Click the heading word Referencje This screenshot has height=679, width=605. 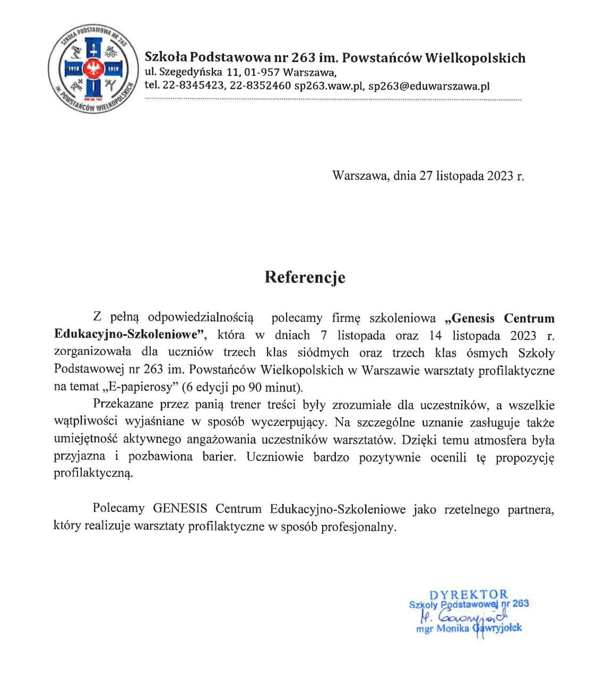click(305, 277)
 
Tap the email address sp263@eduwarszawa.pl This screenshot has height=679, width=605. click(429, 86)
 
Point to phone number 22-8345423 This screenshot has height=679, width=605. click(193, 86)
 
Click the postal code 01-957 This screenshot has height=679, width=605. click(262, 72)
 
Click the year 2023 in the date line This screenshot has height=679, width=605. click(500, 176)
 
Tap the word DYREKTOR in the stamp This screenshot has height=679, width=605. click(469, 595)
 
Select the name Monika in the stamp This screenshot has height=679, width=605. click(452, 629)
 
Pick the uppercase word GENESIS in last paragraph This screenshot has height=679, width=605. click(180, 509)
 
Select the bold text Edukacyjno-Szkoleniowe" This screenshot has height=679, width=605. click(130, 335)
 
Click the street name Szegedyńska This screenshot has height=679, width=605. click(191, 72)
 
